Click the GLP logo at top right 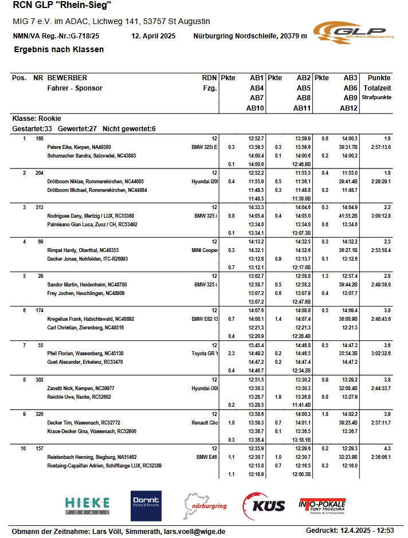point(350,31)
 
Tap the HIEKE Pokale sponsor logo point(88,505)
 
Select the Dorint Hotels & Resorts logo point(146,505)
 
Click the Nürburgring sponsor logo point(205,505)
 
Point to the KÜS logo point(264,506)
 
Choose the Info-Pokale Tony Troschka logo point(322,505)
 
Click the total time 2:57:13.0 point(380,147)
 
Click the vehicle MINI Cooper point(205,250)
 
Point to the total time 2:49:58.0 point(380,285)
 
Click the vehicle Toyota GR point(205,354)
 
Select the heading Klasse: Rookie point(37,119)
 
